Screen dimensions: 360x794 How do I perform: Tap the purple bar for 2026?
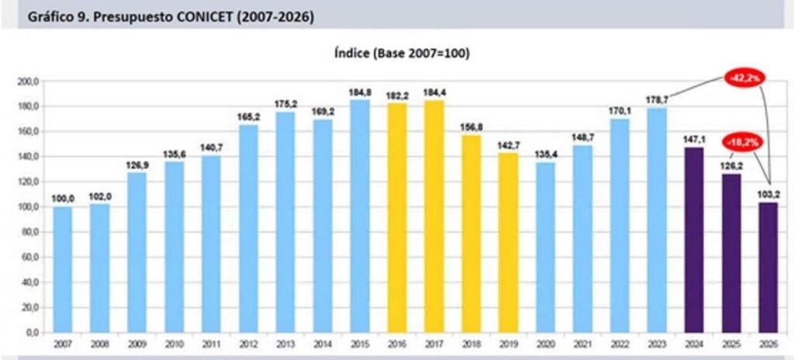click(768, 268)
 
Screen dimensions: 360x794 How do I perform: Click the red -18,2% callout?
click(741, 142)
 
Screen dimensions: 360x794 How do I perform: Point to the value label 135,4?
click(545, 156)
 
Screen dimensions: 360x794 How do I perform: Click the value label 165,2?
click(248, 117)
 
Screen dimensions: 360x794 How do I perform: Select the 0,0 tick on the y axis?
click(32, 333)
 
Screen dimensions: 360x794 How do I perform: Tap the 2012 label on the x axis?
click(248, 344)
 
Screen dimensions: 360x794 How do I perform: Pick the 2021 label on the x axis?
click(582, 344)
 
